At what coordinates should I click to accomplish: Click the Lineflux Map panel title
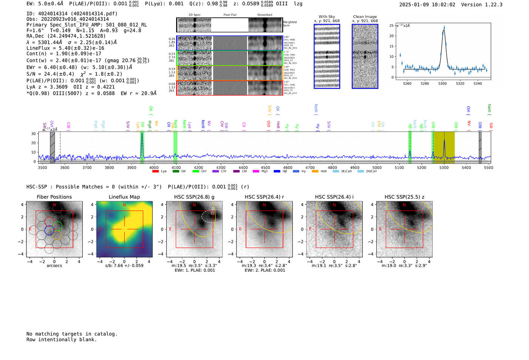(124, 197)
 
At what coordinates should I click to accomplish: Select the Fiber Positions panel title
(54, 197)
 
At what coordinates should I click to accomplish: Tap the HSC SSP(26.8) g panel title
(194, 197)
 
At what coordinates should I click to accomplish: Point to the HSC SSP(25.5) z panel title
(404, 197)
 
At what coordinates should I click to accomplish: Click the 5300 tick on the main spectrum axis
(444, 167)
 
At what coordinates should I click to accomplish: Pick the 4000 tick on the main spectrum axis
(154, 167)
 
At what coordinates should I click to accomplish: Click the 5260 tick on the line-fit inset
(407, 83)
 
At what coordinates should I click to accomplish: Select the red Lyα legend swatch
(155, 172)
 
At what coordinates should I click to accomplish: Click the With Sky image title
(327, 17)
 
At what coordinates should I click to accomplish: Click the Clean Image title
(365, 17)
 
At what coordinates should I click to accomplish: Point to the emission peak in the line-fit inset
(444, 28)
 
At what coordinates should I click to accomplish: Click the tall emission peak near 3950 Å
(142, 134)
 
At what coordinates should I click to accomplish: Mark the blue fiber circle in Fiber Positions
(49, 230)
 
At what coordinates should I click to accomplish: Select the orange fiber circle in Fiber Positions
(57, 235)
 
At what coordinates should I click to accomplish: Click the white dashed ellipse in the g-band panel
(212, 216)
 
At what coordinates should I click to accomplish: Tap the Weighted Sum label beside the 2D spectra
(290, 23)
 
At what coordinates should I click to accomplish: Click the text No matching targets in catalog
(72, 334)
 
